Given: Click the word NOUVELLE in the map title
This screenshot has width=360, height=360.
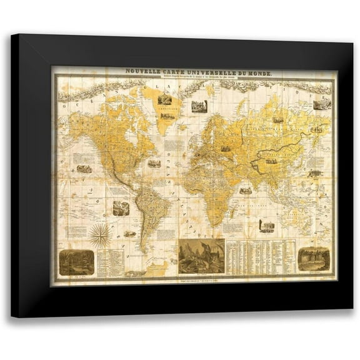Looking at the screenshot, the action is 143,71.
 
